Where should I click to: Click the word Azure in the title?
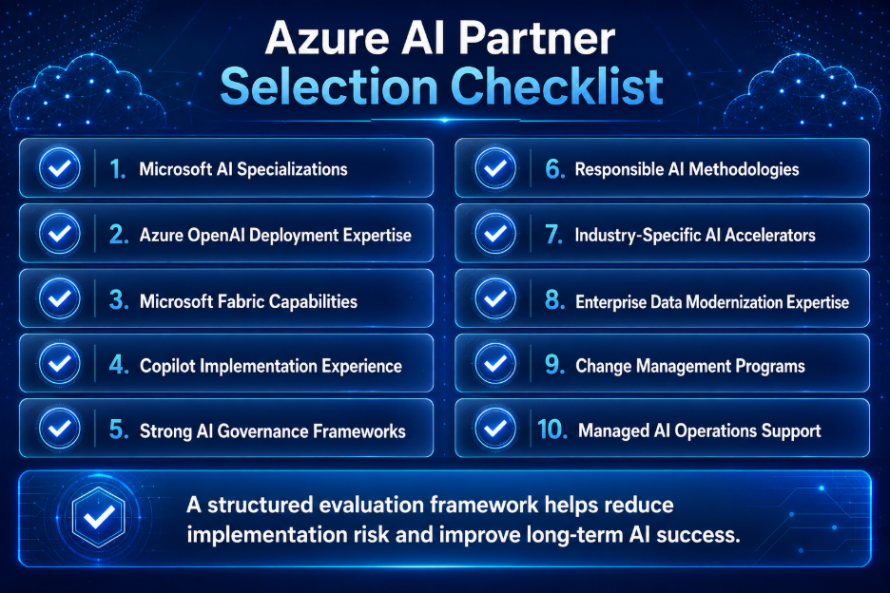coord(327,39)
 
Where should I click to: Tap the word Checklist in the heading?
coord(557,86)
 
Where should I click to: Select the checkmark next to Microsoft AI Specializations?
coord(60,168)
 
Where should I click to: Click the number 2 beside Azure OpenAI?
coord(119,235)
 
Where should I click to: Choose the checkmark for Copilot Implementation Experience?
coord(60,363)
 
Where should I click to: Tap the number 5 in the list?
coord(119,430)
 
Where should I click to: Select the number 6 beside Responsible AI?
coord(554,168)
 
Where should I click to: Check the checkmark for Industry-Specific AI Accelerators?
coord(495,233)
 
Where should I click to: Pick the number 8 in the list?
coord(554,299)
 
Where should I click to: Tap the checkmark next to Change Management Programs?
coord(495,363)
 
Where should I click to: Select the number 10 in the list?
coord(552,430)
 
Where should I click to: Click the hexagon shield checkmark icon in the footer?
coord(98,516)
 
